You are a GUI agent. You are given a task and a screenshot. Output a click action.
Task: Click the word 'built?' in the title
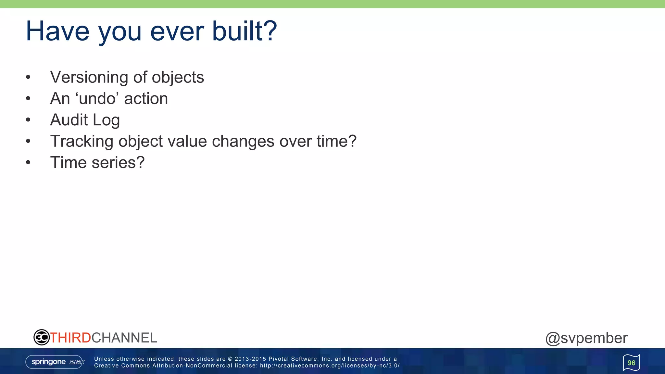click(x=244, y=31)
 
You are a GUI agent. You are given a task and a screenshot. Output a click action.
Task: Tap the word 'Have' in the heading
click(x=57, y=31)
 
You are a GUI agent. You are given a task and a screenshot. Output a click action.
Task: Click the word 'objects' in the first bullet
click(x=178, y=78)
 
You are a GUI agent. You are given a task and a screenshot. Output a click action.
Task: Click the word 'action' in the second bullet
click(x=146, y=99)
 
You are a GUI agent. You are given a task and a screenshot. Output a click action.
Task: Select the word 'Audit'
click(x=69, y=120)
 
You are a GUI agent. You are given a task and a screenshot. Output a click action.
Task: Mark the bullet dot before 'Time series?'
click(x=28, y=163)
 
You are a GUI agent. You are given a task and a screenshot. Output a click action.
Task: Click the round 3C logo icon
click(x=41, y=337)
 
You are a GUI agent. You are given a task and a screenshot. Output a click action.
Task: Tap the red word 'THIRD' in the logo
click(x=70, y=338)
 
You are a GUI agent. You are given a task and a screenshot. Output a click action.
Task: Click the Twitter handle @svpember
click(x=586, y=338)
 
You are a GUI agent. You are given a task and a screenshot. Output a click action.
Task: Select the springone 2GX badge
click(x=55, y=362)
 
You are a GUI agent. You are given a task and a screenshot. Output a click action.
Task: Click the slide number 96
click(x=631, y=363)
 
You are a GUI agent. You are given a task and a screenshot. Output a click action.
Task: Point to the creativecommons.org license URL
click(x=330, y=366)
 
